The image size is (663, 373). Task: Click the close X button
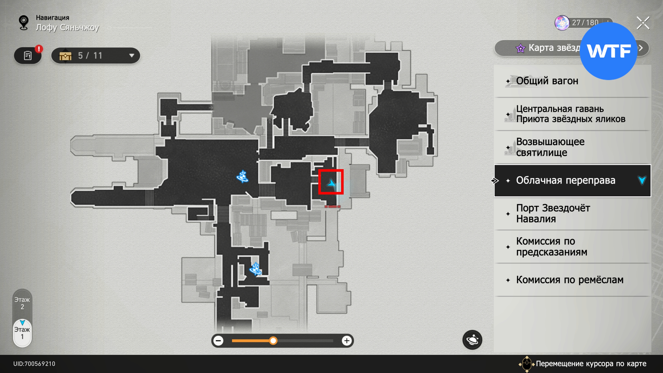click(x=643, y=23)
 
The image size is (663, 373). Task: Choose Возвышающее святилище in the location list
click(x=550, y=147)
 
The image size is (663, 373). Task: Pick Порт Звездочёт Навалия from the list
click(x=553, y=213)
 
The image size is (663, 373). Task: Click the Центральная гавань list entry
click(x=570, y=114)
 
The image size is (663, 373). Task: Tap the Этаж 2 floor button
click(x=22, y=303)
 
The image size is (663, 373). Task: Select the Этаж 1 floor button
click(x=22, y=333)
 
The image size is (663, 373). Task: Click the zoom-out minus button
click(x=218, y=341)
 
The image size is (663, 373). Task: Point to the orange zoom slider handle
click(x=273, y=341)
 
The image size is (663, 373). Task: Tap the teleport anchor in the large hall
click(x=242, y=177)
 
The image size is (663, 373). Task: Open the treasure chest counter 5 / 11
click(x=96, y=56)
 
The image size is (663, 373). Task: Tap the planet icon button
click(x=472, y=340)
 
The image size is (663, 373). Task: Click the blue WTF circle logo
click(x=608, y=51)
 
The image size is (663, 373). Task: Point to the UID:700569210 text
click(x=34, y=364)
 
